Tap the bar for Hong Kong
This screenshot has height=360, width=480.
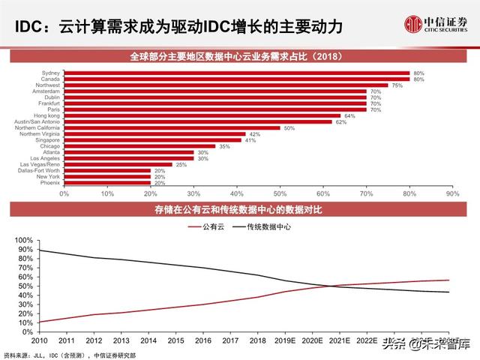[202, 115]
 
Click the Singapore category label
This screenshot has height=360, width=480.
[46, 139]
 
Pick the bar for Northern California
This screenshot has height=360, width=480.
[172, 127]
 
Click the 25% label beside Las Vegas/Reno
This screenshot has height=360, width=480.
[178, 164]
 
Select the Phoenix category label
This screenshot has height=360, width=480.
[51, 182]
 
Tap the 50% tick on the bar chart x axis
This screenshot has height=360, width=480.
[280, 193]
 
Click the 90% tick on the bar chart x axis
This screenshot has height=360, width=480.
[451, 193]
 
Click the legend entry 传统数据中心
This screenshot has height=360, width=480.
[271, 226]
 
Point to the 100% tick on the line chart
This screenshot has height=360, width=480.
[22, 239]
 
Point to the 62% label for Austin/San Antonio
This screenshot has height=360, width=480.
[340, 121]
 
